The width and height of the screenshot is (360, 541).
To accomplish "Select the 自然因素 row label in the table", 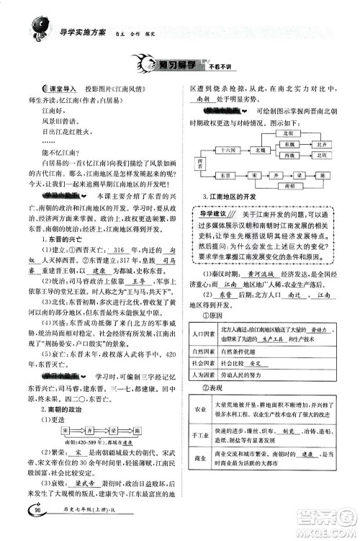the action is click(205, 312).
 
